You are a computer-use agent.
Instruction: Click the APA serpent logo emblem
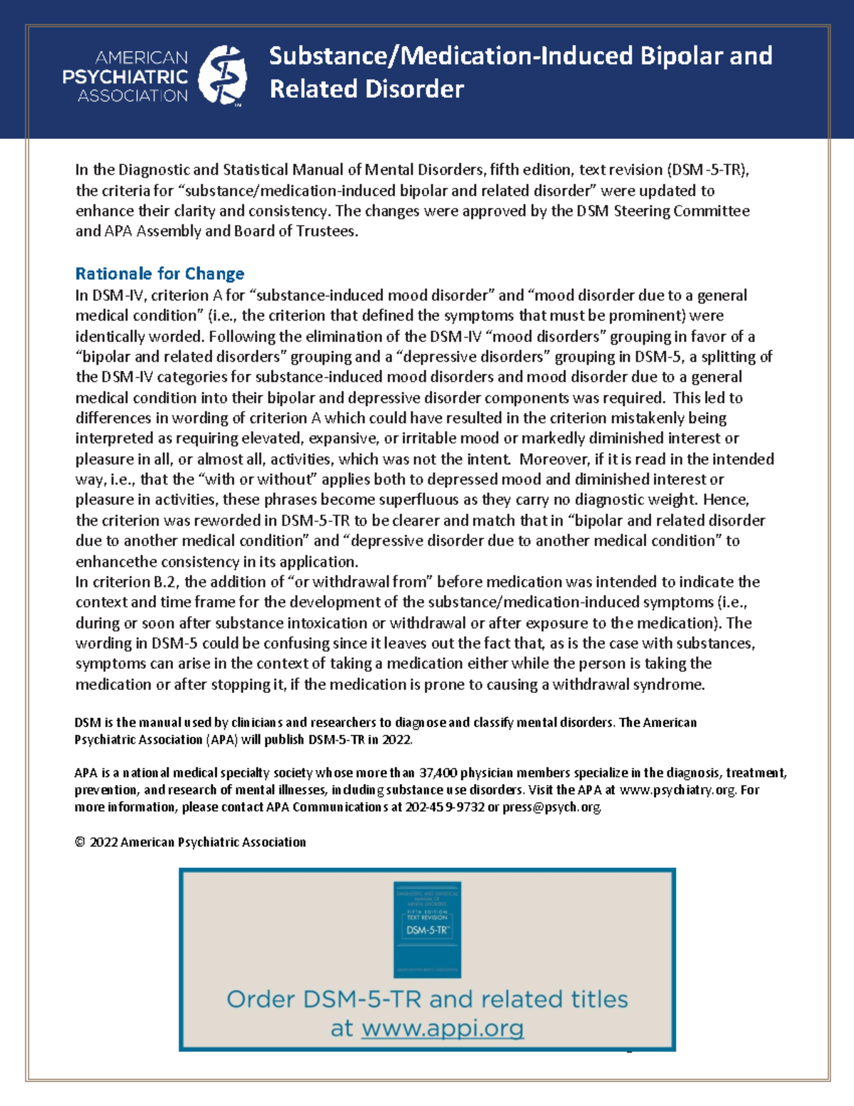click(222, 75)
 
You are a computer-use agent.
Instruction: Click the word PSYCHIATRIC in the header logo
click(125, 76)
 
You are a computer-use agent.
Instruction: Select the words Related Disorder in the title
click(367, 89)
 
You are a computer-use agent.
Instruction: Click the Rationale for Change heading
click(159, 273)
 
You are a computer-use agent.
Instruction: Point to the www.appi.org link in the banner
click(443, 1028)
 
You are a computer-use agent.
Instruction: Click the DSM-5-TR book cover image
click(427, 929)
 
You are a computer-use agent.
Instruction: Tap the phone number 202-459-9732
click(445, 807)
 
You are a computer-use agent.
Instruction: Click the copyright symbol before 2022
click(80, 842)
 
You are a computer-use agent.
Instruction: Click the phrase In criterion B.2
click(128, 582)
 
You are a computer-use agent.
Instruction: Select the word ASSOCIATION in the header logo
click(132, 95)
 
